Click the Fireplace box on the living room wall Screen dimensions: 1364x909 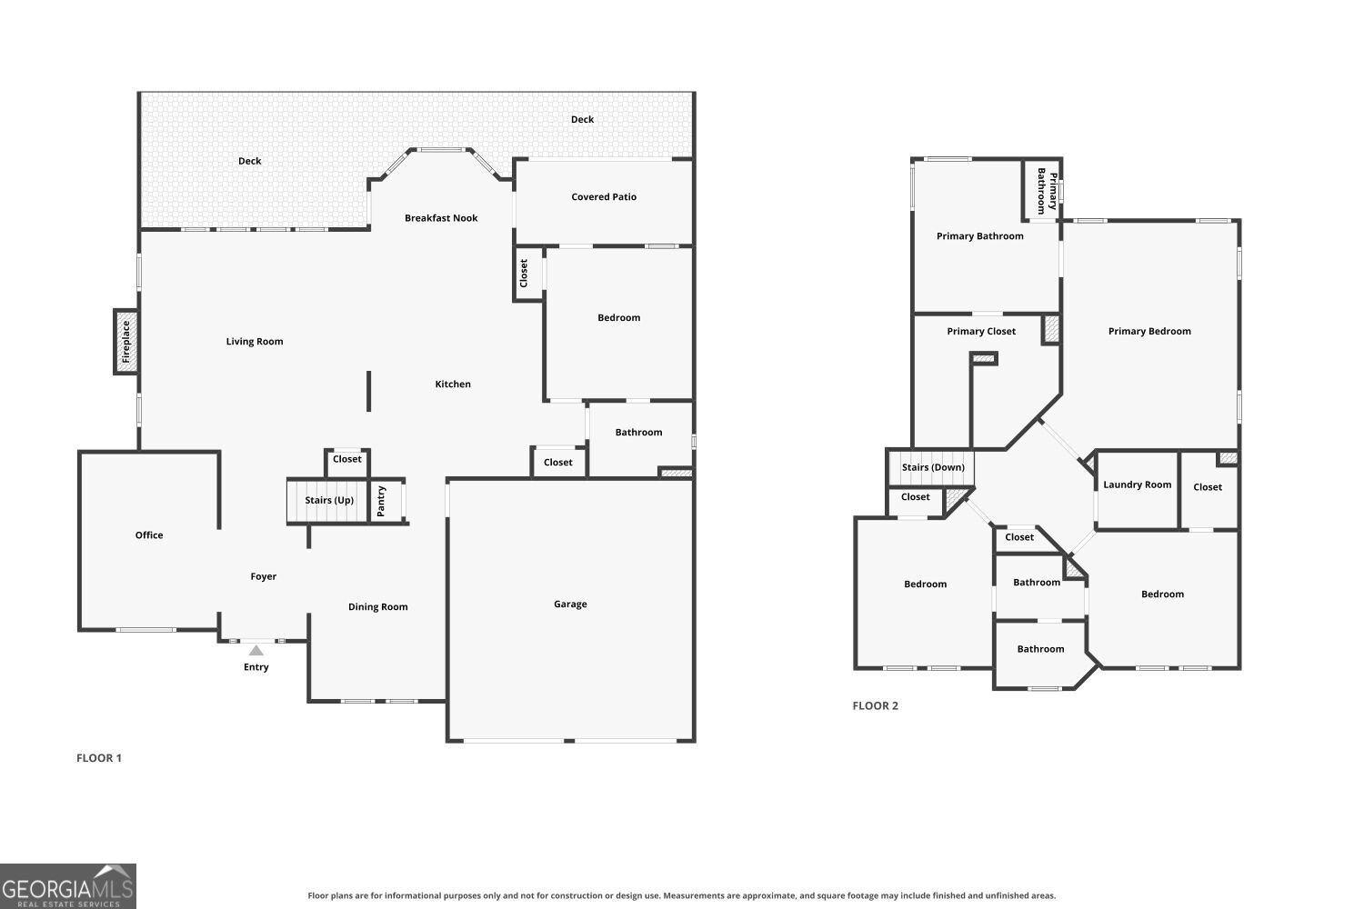(125, 342)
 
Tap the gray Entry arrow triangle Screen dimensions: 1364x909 (256, 651)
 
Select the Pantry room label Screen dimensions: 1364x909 (381, 501)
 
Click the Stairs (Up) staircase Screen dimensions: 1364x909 (328, 501)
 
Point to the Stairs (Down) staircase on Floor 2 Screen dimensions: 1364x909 (931, 467)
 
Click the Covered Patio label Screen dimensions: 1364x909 (604, 196)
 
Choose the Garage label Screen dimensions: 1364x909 (570, 604)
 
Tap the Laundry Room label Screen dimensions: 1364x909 (1137, 484)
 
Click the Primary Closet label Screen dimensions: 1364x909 (981, 331)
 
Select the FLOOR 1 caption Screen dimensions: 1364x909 (98, 758)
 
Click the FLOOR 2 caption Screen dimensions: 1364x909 (875, 705)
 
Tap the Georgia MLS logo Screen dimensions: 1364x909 (67, 886)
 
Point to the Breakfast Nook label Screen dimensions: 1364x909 (441, 218)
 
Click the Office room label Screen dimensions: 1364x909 (148, 535)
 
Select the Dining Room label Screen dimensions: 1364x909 (377, 607)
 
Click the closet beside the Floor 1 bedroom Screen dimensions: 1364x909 (528, 274)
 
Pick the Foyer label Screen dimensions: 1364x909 (263, 576)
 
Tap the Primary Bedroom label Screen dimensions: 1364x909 (1149, 331)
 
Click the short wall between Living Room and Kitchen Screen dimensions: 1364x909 (368, 391)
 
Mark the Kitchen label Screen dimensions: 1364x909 (453, 385)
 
